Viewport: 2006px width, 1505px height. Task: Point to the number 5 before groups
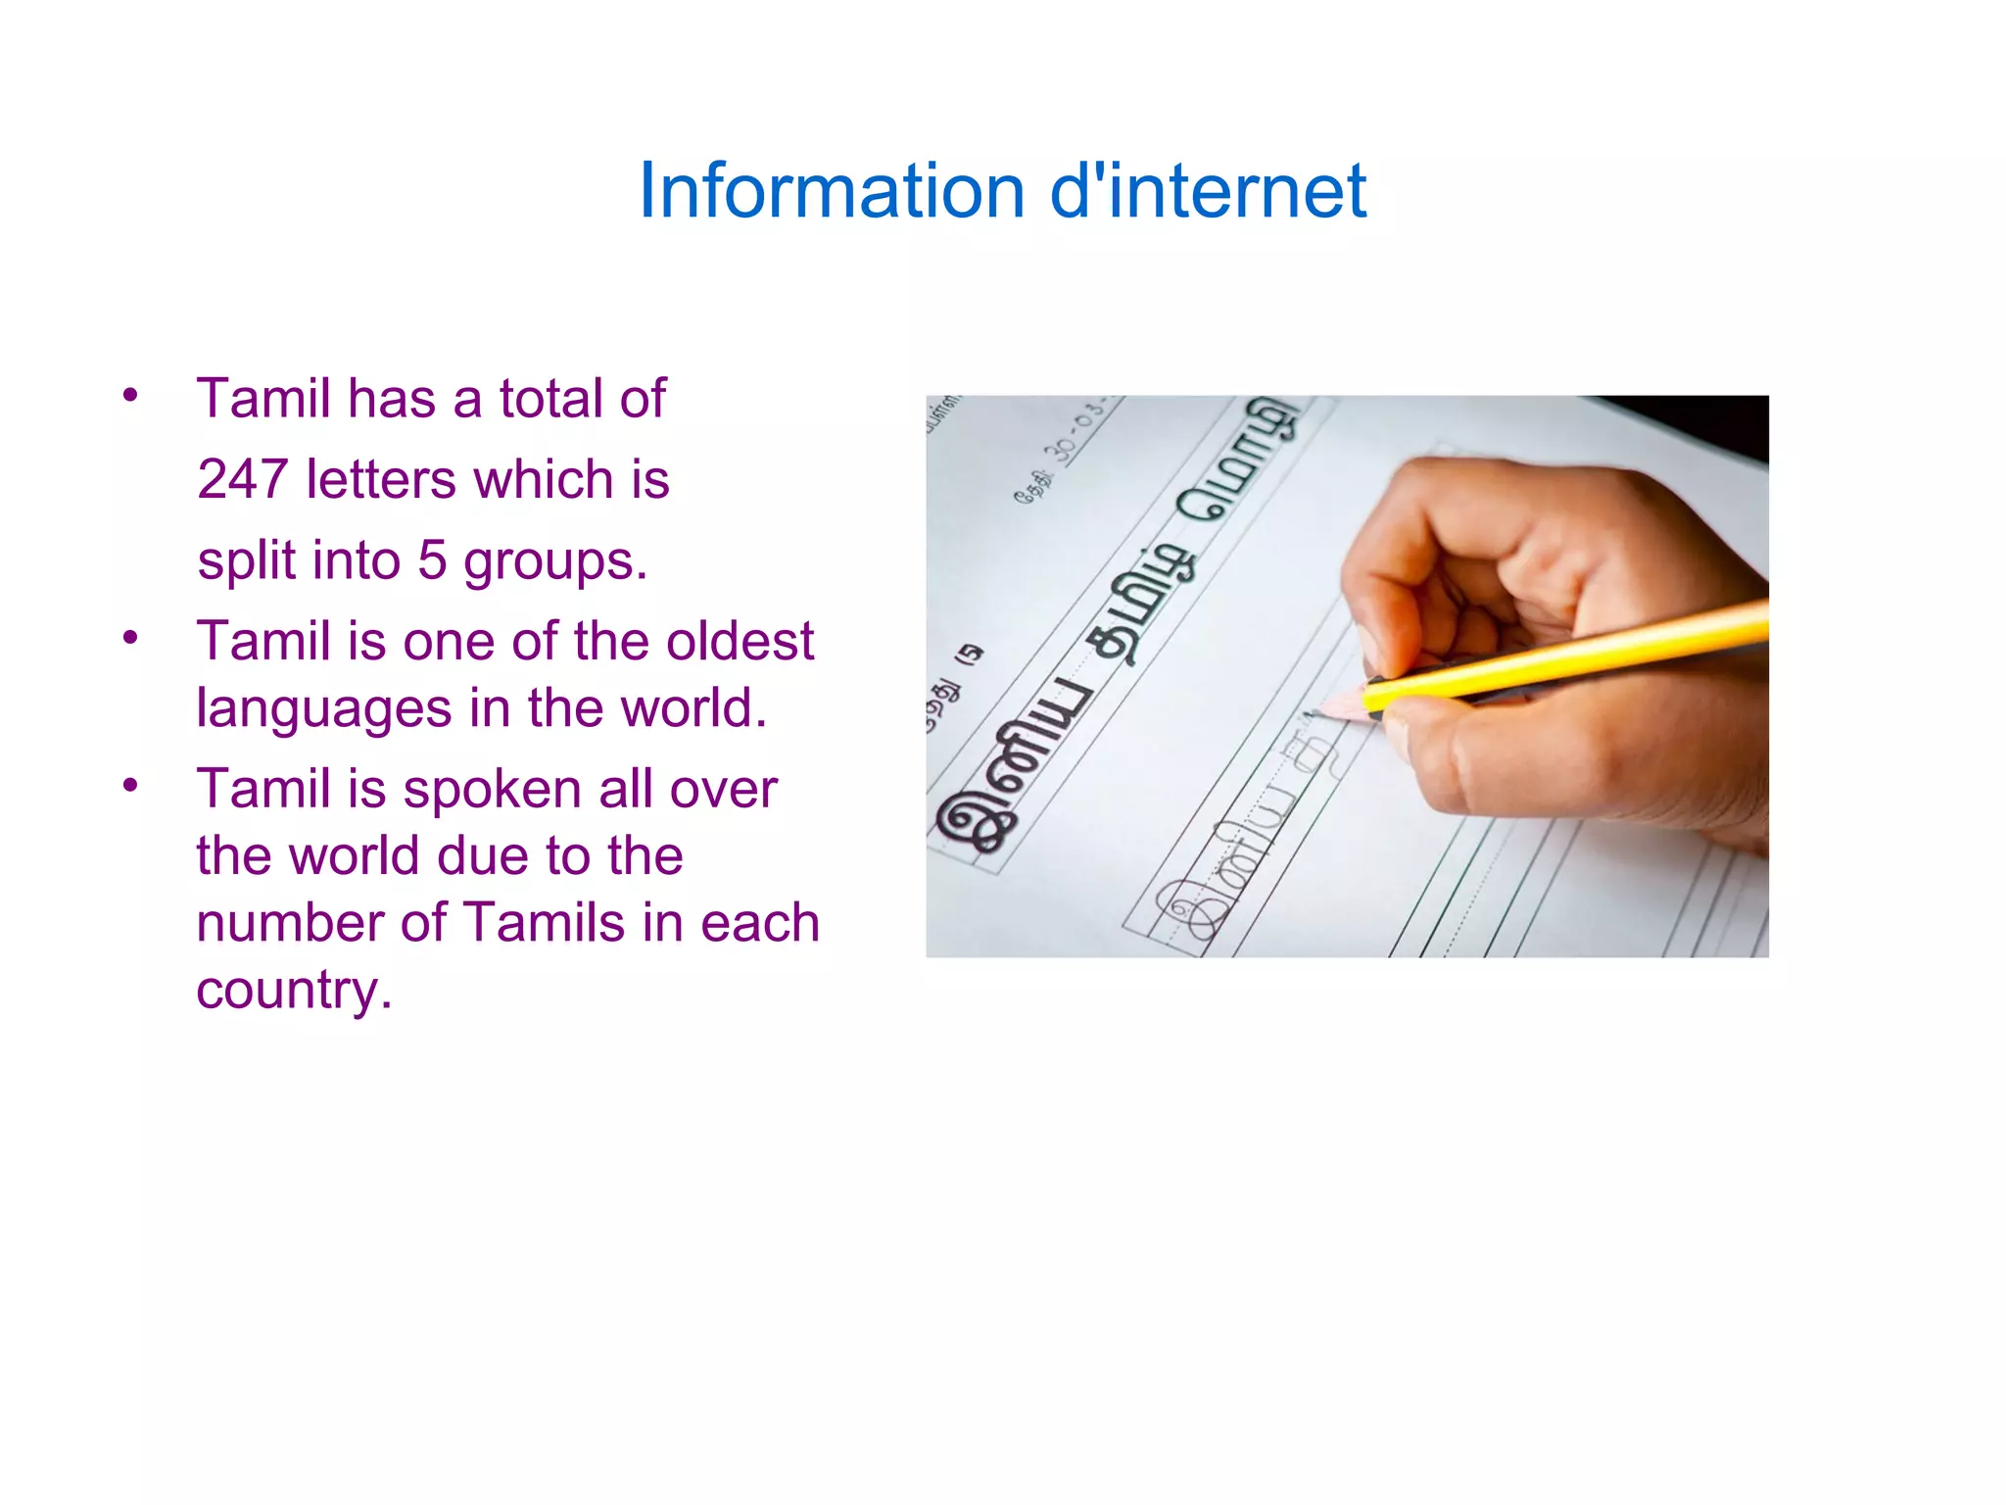(432, 560)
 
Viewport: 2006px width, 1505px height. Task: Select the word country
(293, 992)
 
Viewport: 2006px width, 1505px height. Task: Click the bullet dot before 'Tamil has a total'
(130, 396)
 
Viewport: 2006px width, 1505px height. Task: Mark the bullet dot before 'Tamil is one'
(130, 638)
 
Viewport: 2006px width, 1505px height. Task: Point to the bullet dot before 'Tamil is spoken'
(130, 785)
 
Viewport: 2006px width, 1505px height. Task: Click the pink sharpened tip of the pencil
(1340, 705)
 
